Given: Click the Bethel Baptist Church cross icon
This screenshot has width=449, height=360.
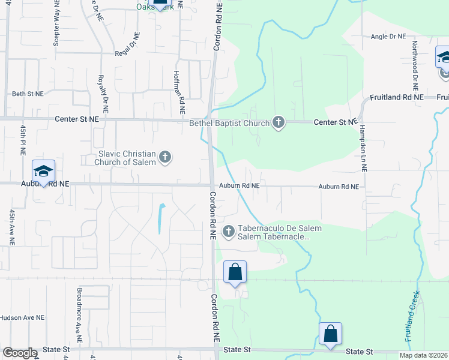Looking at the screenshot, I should pos(278,122).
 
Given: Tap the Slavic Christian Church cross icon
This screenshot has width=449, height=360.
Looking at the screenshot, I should pos(166,158).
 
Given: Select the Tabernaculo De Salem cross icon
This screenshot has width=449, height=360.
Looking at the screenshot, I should pos(229,232).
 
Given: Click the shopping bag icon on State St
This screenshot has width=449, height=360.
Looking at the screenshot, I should pos(330,334).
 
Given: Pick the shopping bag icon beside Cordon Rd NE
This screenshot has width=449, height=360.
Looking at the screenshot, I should pos(235,272).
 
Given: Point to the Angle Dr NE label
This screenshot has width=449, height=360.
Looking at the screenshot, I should pos(388,37).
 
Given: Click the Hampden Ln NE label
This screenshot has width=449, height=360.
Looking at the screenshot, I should pos(363,149).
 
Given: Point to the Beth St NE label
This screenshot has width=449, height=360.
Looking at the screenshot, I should pos(28,94).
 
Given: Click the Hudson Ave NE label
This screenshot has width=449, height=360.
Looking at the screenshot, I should pos(22,317).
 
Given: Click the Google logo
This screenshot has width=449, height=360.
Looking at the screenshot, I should pos(20,353).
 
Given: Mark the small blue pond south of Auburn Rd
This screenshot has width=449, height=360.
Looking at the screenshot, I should pos(161,219).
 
